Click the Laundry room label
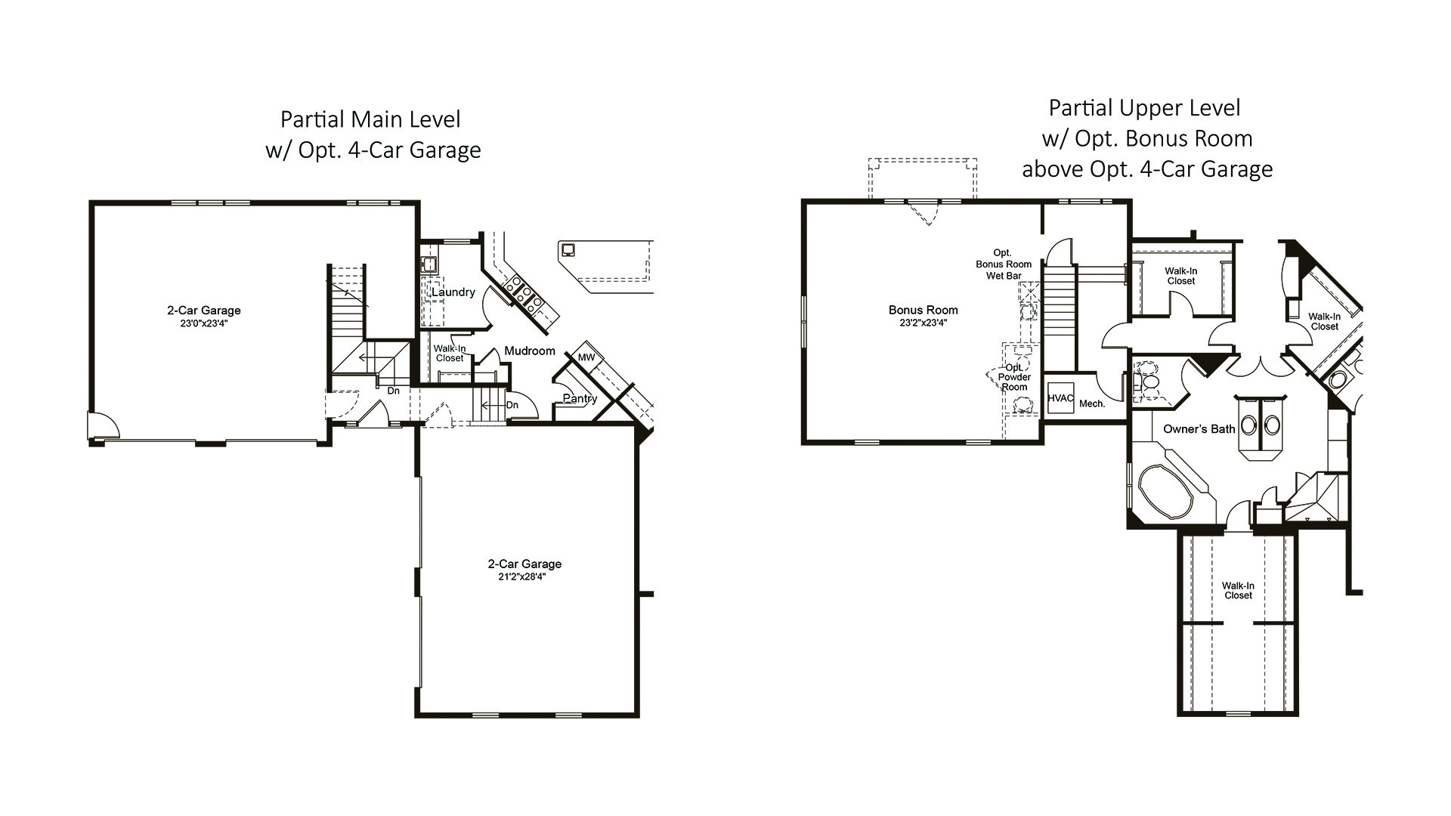pos(453,292)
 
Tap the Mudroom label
pos(530,351)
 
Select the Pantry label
pos(580,399)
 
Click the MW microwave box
pos(586,357)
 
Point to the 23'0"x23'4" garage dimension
pos(204,323)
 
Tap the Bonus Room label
pos(923,310)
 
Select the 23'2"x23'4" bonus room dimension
pos(923,323)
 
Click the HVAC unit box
pos(1060,398)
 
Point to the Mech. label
pos(1092,403)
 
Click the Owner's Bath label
pos(1199,429)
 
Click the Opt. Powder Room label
pos(1014,377)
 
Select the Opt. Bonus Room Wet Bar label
pos(1004,264)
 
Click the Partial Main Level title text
pos(370,119)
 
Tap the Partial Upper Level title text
pos(1144,108)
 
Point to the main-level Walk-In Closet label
pos(450,354)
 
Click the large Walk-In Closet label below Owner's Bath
pos(1238,591)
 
